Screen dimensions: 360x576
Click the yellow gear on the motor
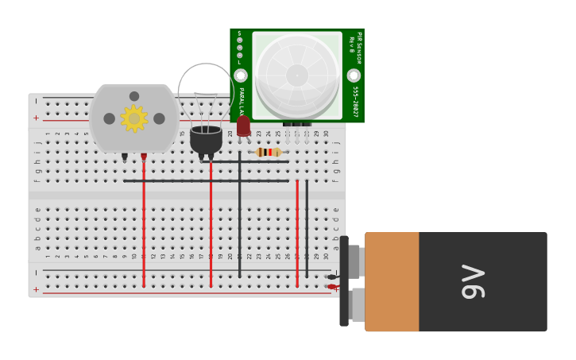[x=133, y=118]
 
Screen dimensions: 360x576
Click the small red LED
[x=243, y=126]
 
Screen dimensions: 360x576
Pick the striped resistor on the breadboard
[x=269, y=152]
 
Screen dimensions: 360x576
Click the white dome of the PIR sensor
[x=297, y=75]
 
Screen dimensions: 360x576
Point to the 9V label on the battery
[x=472, y=281]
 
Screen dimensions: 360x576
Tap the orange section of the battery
[x=392, y=281]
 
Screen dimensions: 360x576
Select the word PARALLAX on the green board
[x=241, y=103]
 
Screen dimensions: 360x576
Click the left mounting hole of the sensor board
[x=241, y=75]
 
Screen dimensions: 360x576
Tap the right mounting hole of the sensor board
[x=354, y=75]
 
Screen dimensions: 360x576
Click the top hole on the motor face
[x=134, y=96]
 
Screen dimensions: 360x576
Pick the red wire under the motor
[x=144, y=223]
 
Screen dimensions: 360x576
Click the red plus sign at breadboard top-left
[x=36, y=118]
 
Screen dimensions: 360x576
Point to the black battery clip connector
[x=344, y=281]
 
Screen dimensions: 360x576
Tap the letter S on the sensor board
[x=239, y=33]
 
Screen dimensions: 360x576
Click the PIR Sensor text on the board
[x=358, y=48]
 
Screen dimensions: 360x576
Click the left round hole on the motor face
[x=109, y=118]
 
